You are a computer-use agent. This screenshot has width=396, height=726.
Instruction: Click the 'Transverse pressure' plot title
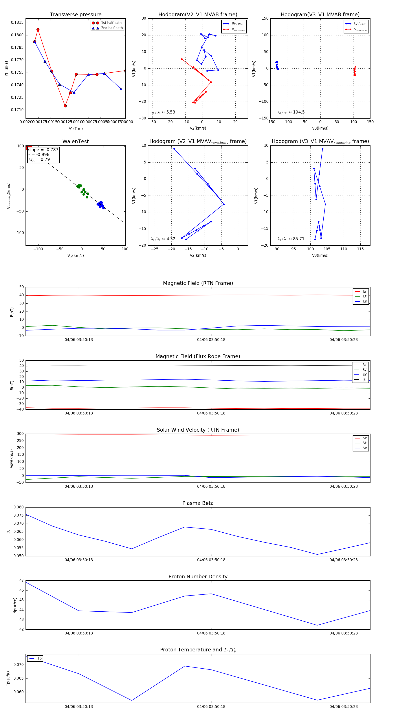(x=75, y=15)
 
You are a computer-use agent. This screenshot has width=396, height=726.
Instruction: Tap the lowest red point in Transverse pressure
(x=65, y=106)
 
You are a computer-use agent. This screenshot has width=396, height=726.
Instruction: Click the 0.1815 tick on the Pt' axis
(x=17, y=22)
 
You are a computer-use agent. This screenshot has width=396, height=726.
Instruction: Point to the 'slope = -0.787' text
(x=43, y=150)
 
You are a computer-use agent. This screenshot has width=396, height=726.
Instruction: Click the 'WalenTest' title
(x=75, y=141)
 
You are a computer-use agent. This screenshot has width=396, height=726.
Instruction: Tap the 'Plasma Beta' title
(x=198, y=503)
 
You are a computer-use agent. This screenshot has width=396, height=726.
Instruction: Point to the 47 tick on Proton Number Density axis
(x=21, y=580)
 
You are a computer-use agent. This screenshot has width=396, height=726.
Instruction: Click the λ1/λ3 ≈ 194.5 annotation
(x=291, y=112)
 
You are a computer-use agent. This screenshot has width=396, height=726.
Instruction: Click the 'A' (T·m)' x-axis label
(x=75, y=128)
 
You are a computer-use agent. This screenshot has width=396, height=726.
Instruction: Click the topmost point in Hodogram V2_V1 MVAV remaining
(x=174, y=149)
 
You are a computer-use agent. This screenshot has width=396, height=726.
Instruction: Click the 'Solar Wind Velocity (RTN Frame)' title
(x=198, y=430)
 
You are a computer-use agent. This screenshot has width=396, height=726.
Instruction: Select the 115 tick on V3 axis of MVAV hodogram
(x=360, y=249)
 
